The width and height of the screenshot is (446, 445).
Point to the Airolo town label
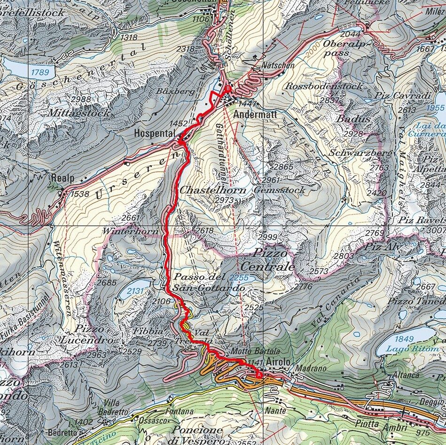click(x=278, y=361)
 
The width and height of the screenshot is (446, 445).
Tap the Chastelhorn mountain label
click(x=205, y=190)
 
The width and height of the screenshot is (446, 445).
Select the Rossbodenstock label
click(x=324, y=86)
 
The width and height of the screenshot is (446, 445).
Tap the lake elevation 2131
click(x=134, y=292)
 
